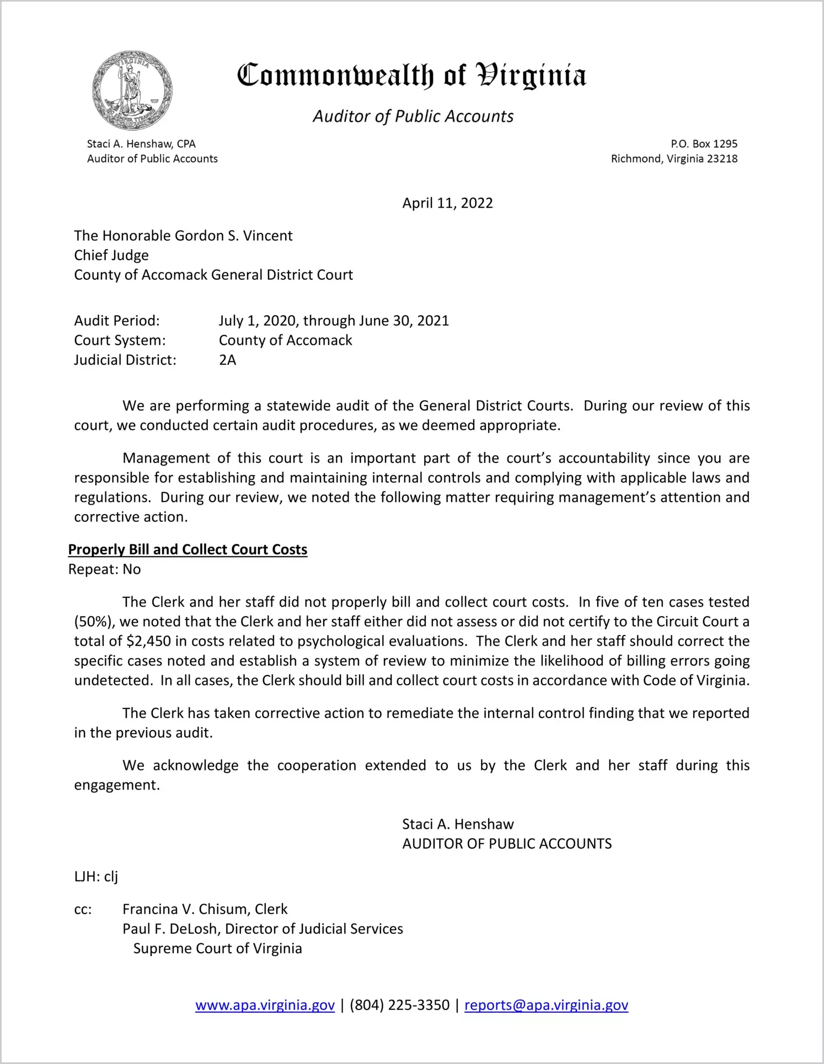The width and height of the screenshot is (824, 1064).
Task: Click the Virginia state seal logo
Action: tap(132, 90)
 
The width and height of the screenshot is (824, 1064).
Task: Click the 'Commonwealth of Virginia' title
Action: tap(411, 75)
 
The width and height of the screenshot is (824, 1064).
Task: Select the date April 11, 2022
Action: tap(447, 203)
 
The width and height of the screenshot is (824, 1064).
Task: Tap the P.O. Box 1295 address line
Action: tap(704, 144)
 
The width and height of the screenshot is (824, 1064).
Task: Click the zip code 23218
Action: tap(722, 159)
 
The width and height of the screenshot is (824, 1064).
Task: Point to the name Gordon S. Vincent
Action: tap(233, 236)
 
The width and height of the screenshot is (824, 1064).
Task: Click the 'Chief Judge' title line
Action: tap(111, 255)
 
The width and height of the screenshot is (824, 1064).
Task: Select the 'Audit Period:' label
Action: tap(117, 321)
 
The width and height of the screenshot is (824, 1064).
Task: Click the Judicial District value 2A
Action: tap(227, 360)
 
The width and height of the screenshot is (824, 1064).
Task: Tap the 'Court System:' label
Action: tap(120, 341)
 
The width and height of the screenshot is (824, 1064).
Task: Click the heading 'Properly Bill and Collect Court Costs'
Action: tap(188, 549)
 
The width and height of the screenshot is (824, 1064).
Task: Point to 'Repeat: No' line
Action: tap(104, 569)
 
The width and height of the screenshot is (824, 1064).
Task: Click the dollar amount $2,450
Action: tap(148, 641)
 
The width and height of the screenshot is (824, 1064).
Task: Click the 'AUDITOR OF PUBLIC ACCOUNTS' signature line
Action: tap(507, 844)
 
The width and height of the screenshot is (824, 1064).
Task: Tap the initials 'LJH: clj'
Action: tap(96, 877)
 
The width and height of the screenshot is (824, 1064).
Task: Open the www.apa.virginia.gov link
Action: tap(265, 1005)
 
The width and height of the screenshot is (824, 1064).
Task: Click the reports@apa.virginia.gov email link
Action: tap(546, 1005)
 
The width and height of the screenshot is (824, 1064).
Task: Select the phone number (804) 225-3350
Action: tap(399, 1005)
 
